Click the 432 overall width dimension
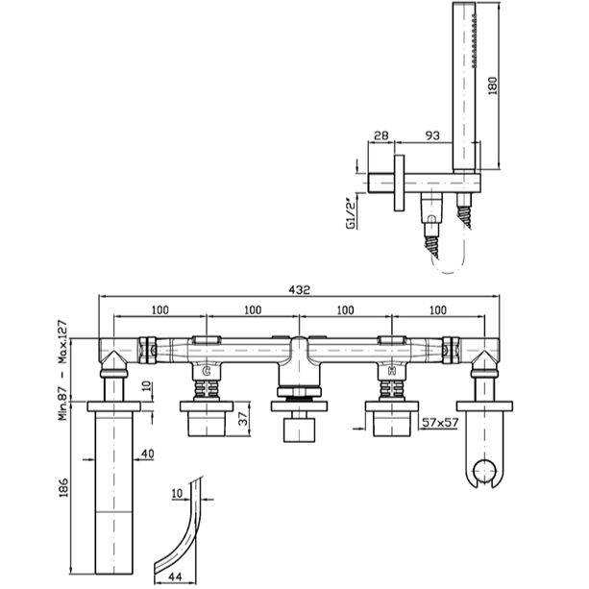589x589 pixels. pyautogui.click(x=299, y=289)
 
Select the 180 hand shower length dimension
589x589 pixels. pyautogui.click(x=493, y=86)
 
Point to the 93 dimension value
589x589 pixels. pyautogui.click(x=432, y=135)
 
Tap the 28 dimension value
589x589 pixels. pyautogui.click(x=380, y=135)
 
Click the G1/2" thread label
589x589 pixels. pyautogui.click(x=350, y=213)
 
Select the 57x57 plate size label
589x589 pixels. pyautogui.click(x=440, y=423)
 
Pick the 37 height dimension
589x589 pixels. pyautogui.click(x=244, y=419)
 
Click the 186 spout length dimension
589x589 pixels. pyautogui.click(x=63, y=487)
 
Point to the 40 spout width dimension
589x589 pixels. pyautogui.click(x=147, y=454)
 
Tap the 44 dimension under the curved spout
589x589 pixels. pyautogui.click(x=174, y=577)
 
